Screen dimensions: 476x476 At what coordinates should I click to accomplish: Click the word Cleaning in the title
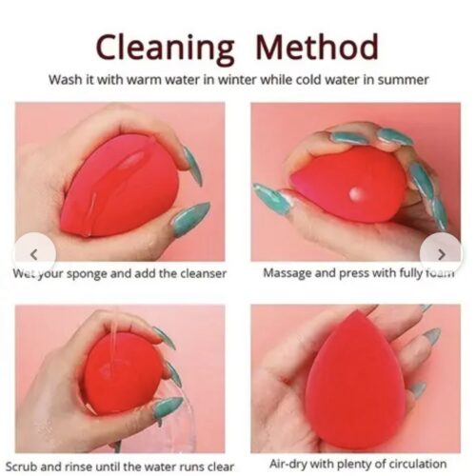(166, 46)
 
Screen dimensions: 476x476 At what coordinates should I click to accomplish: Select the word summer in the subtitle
(400, 79)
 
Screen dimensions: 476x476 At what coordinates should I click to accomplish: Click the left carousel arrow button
(34, 254)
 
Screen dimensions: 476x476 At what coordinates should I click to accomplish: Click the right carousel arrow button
(442, 254)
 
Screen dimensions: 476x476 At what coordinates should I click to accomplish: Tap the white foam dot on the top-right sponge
(354, 192)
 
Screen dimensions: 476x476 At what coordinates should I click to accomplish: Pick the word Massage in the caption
(288, 274)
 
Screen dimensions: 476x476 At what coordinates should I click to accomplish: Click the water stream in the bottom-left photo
(118, 328)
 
